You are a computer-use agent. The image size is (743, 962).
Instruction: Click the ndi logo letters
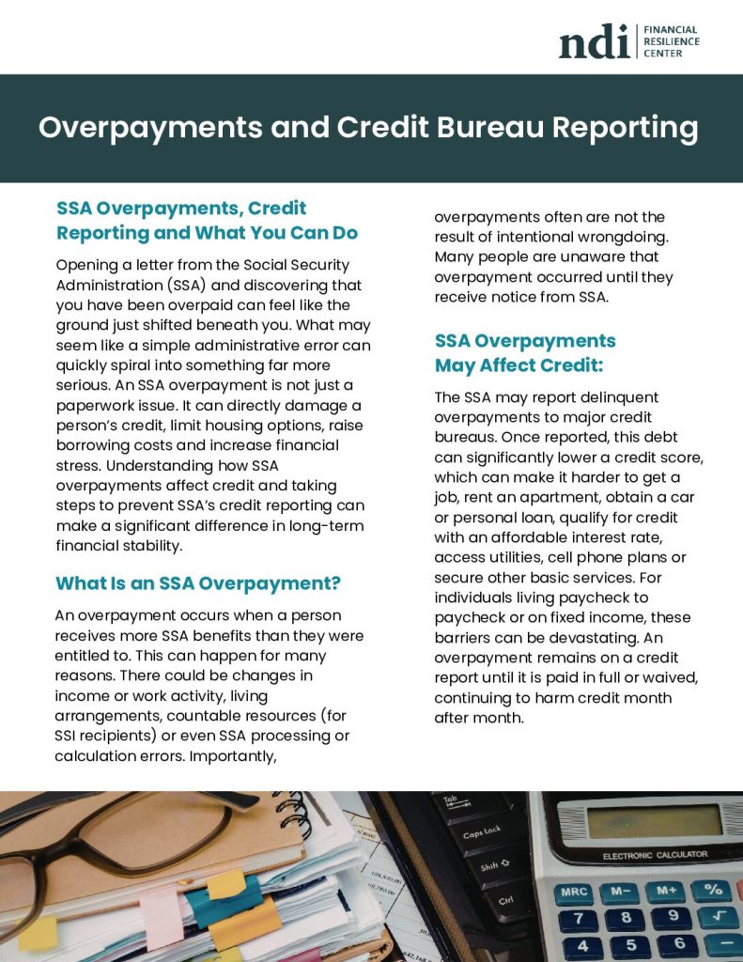[x=594, y=41]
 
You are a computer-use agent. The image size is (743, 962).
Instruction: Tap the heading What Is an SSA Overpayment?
[x=198, y=583]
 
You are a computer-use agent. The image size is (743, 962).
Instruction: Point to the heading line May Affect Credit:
[x=519, y=365]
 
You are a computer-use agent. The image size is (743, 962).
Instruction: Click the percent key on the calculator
[x=713, y=888]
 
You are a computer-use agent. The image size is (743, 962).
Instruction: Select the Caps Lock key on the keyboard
[x=481, y=832]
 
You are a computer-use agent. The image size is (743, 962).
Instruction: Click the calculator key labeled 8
[x=626, y=918]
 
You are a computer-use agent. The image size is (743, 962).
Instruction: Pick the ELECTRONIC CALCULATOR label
[x=655, y=855]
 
